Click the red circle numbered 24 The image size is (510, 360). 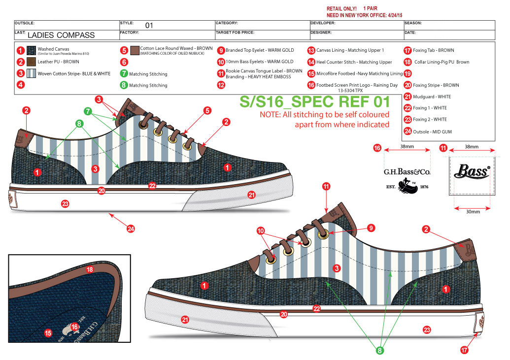click(x=131, y=229)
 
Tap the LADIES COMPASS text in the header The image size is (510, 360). click(x=61, y=35)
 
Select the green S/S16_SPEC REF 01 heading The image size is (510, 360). click(x=314, y=102)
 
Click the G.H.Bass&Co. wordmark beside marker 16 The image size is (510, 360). click(x=407, y=172)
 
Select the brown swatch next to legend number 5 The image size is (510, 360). click(x=135, y=50)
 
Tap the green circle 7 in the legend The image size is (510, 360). click(x=124, y=74)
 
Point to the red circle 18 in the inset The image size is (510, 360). click(x=89, y=269)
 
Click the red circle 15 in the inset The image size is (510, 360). click(x=48, y=333)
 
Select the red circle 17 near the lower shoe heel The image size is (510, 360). click(x=463, y=350)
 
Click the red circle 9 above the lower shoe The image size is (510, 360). click(x=372, y=228)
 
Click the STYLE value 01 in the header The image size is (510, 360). click(x=149, y=26)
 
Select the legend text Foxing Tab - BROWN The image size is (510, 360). click(x=433, y=50)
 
